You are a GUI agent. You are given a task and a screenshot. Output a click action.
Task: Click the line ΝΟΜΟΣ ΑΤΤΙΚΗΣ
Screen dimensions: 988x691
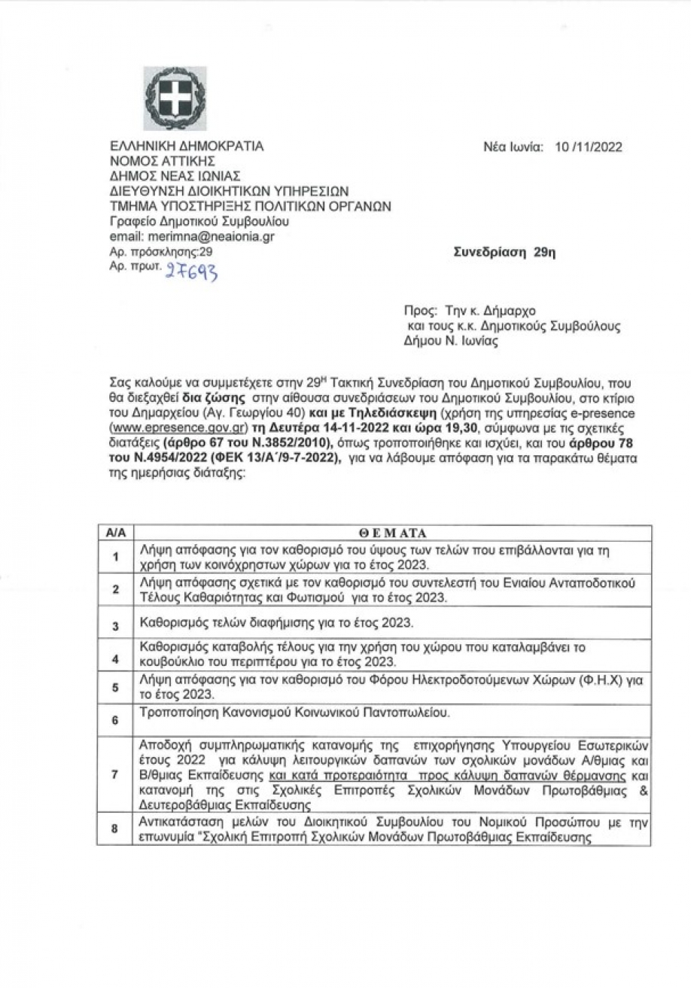coord(163,162)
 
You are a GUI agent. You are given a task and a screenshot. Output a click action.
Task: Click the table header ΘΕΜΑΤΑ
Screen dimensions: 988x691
coord(391,533)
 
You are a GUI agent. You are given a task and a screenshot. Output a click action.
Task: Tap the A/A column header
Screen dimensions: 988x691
coord(115,533)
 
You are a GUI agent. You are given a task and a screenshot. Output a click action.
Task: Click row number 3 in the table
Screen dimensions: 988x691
coord(115,625)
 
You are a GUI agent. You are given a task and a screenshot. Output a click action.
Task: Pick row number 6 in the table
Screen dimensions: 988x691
coord(115,720)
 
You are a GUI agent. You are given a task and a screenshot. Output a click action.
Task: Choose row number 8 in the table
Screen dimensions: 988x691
coord(115,829)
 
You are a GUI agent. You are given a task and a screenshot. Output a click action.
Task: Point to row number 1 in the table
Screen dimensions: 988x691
coord(115,558)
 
